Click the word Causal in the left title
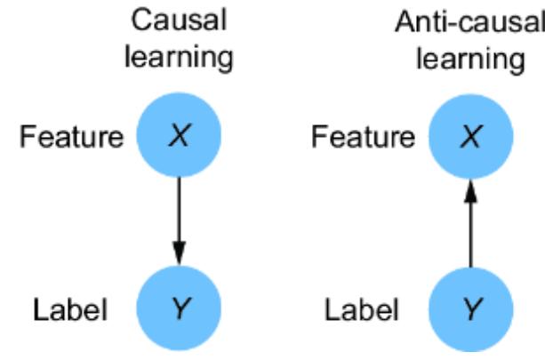[x=178, y=20]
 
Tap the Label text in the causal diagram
[x=71, y=310]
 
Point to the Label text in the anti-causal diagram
[x=363, y=310]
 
